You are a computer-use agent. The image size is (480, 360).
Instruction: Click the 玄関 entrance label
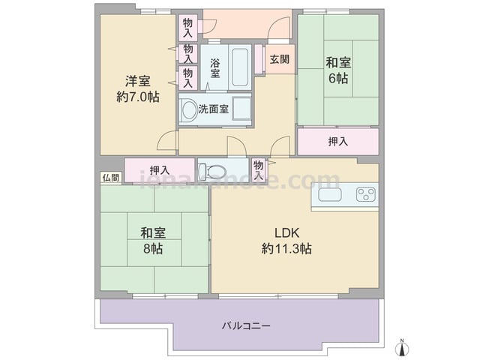280,59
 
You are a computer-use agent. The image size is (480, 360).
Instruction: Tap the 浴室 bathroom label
215,68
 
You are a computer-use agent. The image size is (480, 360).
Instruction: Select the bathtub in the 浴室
240,67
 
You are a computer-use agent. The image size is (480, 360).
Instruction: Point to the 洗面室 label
213,109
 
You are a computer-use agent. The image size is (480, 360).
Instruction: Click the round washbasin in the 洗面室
189,110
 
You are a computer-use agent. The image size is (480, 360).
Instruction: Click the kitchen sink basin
330,195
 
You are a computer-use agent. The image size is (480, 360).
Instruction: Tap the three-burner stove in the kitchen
366,195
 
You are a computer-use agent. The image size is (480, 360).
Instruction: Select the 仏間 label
111,178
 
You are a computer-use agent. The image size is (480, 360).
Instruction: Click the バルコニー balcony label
246,325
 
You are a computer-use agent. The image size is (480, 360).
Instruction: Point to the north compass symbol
402,348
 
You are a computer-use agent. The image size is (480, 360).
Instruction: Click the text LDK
286,233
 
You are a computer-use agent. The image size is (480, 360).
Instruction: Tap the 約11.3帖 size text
286,248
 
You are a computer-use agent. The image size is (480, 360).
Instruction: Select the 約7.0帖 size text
138,97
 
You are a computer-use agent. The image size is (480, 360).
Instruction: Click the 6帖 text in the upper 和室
338,78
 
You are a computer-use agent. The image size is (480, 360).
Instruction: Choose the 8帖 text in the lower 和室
153,248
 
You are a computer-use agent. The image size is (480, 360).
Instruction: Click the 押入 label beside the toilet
160,170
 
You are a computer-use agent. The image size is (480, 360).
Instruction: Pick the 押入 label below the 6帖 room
338,142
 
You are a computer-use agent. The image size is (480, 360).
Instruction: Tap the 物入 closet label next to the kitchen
259,170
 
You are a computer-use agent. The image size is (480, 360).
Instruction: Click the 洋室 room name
138,82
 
